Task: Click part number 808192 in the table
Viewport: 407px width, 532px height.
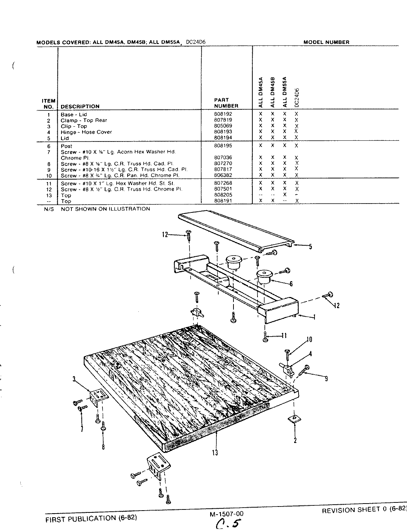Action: click(223, 114)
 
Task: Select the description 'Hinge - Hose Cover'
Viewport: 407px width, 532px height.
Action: click(86, 132)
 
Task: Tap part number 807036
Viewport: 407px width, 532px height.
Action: click(223, 158)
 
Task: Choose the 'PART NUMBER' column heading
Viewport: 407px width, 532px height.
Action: click(226, 103)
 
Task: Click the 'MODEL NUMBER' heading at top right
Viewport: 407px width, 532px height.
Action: click(326, 42)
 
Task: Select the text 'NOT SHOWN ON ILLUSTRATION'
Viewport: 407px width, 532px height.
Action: click(105, 209)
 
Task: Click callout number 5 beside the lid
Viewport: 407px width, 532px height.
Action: click(310, 247)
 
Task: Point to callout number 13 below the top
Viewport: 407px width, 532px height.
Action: click(215, 452)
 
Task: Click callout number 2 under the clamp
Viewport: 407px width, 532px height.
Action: click(295, 440)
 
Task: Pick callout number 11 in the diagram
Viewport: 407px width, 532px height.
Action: click(284, 336)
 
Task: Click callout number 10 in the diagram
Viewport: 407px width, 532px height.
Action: click(309, 340)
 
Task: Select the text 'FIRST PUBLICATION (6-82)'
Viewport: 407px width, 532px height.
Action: click(91, 518)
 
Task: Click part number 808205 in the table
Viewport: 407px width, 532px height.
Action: click(223, 195)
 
